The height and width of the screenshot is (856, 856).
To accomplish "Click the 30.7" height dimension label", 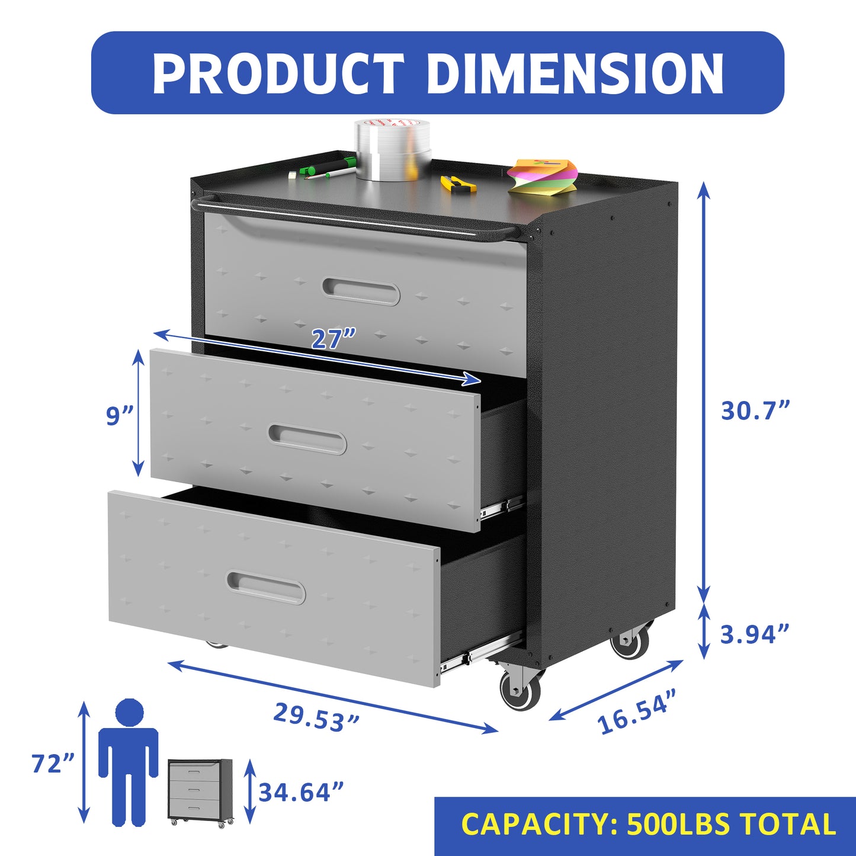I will (755, 410).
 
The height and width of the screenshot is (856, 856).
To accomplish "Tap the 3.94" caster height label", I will (755, 634).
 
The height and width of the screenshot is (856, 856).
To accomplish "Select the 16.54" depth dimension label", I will (637, 711).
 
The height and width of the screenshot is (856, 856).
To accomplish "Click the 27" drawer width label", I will (334, 339).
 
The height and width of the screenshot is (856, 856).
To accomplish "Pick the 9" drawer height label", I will (120, 415).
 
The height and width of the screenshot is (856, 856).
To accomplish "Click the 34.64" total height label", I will (301, 792).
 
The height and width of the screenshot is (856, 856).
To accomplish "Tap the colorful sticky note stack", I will (543, 175).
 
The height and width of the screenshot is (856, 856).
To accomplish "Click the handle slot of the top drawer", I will (361, 292).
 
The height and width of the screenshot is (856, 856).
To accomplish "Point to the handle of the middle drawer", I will (307, 439).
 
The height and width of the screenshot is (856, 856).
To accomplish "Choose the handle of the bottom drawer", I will (266, 588).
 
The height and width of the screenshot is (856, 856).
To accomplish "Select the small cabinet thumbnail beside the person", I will (200, 791).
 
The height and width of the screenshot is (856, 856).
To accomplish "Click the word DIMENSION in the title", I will (575, 73).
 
